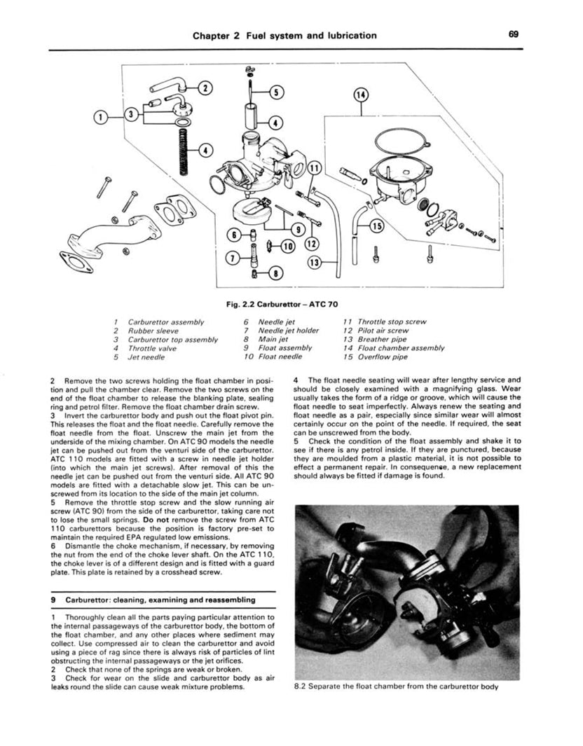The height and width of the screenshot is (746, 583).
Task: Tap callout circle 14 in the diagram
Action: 362,95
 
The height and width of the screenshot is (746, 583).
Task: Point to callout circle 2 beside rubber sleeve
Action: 205,88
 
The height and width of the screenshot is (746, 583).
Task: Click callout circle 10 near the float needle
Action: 287,245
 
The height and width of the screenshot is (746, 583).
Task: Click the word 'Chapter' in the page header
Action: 214,35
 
